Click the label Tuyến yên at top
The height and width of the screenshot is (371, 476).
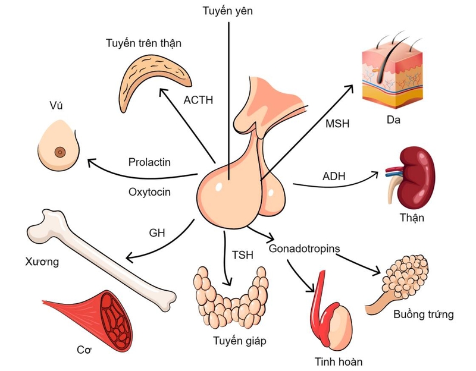(x=228, y=10)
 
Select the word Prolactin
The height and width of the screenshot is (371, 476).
(x=149, y=162)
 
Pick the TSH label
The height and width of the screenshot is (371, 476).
(x=242, y=255)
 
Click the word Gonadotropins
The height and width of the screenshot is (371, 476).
(x=304, y=247)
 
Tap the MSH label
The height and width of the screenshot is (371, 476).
(x=337, y=124)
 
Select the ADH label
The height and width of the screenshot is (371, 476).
(x=334, y=176)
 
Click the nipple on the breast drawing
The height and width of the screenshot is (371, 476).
(x=60, y=152)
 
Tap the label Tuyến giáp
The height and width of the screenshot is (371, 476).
(x=239, y=341)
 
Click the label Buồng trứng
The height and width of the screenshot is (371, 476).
(x=424, y=314)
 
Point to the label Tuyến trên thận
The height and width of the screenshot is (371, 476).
(x=143, y=43)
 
